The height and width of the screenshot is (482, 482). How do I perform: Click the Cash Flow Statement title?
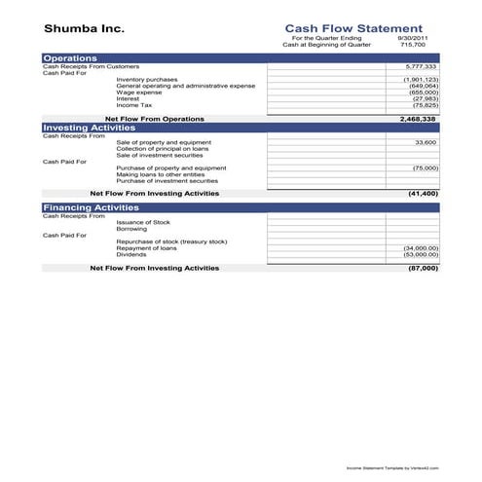click(352, 29)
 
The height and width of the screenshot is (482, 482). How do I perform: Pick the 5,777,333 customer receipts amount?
click(421, 67)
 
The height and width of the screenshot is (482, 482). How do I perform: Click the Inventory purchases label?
click(146, 80)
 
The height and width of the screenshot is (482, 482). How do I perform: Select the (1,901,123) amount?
click(421, 80)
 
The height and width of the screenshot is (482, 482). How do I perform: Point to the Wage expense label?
click(139, 93)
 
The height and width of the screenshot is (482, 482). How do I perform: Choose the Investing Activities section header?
click(88, 128)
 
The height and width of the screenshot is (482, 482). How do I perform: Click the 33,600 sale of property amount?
click(426, 142)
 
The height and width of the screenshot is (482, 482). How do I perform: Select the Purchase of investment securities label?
click(167, 180)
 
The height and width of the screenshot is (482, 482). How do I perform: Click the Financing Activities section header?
click(90, 207)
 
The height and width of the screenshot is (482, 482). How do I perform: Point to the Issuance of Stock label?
click(142, 222)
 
